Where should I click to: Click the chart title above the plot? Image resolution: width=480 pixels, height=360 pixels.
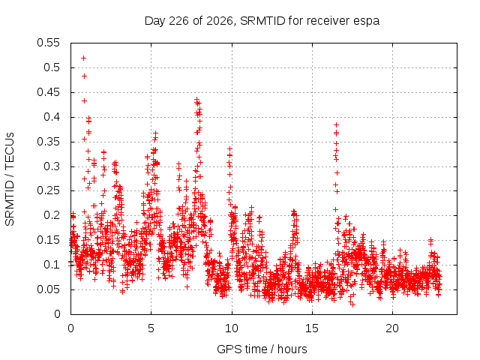coord(262,21)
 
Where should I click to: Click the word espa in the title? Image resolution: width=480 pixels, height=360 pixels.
coord(367,22)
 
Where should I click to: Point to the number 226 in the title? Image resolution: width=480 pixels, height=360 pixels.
coord(178,21)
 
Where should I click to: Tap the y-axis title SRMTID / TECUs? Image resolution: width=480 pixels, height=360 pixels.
coord(10,179)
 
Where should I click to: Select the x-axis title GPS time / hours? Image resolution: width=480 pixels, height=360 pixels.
coord(262,349)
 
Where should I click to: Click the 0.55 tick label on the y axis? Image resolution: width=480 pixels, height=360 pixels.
coord(48,43)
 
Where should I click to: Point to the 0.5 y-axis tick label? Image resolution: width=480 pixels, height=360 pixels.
coord(52,67)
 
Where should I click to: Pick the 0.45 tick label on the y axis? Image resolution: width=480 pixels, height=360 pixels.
coord(48,92)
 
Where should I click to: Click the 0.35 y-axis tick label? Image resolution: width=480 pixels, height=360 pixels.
coord(48,142)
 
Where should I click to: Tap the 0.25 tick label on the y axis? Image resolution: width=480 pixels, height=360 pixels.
coord(48,190)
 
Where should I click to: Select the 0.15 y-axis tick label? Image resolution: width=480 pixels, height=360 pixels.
coord(48,240)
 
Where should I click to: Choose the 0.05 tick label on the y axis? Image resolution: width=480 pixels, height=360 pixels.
coord(48,289)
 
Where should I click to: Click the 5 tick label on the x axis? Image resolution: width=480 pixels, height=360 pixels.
coord(151,328)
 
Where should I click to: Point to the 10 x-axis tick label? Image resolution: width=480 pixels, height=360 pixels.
coord(232,328)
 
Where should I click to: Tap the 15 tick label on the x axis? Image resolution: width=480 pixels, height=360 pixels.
coord(312,328)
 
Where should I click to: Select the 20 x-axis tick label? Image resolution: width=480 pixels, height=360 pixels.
coord(392,328)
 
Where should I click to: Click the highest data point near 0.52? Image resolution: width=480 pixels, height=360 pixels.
coord(83,58)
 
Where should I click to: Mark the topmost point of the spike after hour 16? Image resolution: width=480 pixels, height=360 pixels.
coord(337,125)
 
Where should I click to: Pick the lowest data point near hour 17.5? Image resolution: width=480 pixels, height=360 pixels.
coord(352,304)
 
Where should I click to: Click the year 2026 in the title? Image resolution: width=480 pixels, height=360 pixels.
coord(220,21)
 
